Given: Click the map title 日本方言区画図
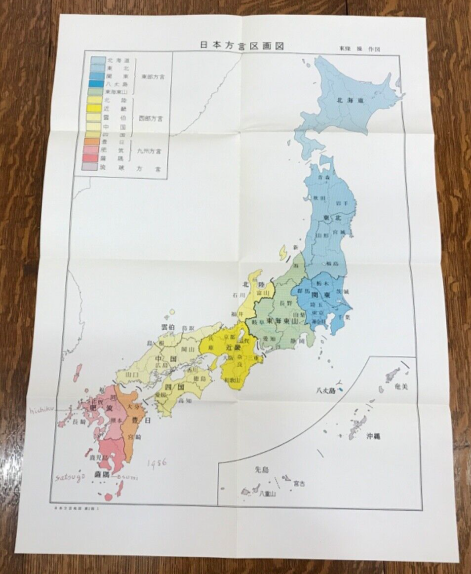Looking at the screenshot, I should (242, 45).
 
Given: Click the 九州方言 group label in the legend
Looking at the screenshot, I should (151, 147).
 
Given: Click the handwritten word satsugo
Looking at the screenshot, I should (70, 476).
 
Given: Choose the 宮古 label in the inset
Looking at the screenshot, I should (299, 484).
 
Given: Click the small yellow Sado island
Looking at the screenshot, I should (283, 253).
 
